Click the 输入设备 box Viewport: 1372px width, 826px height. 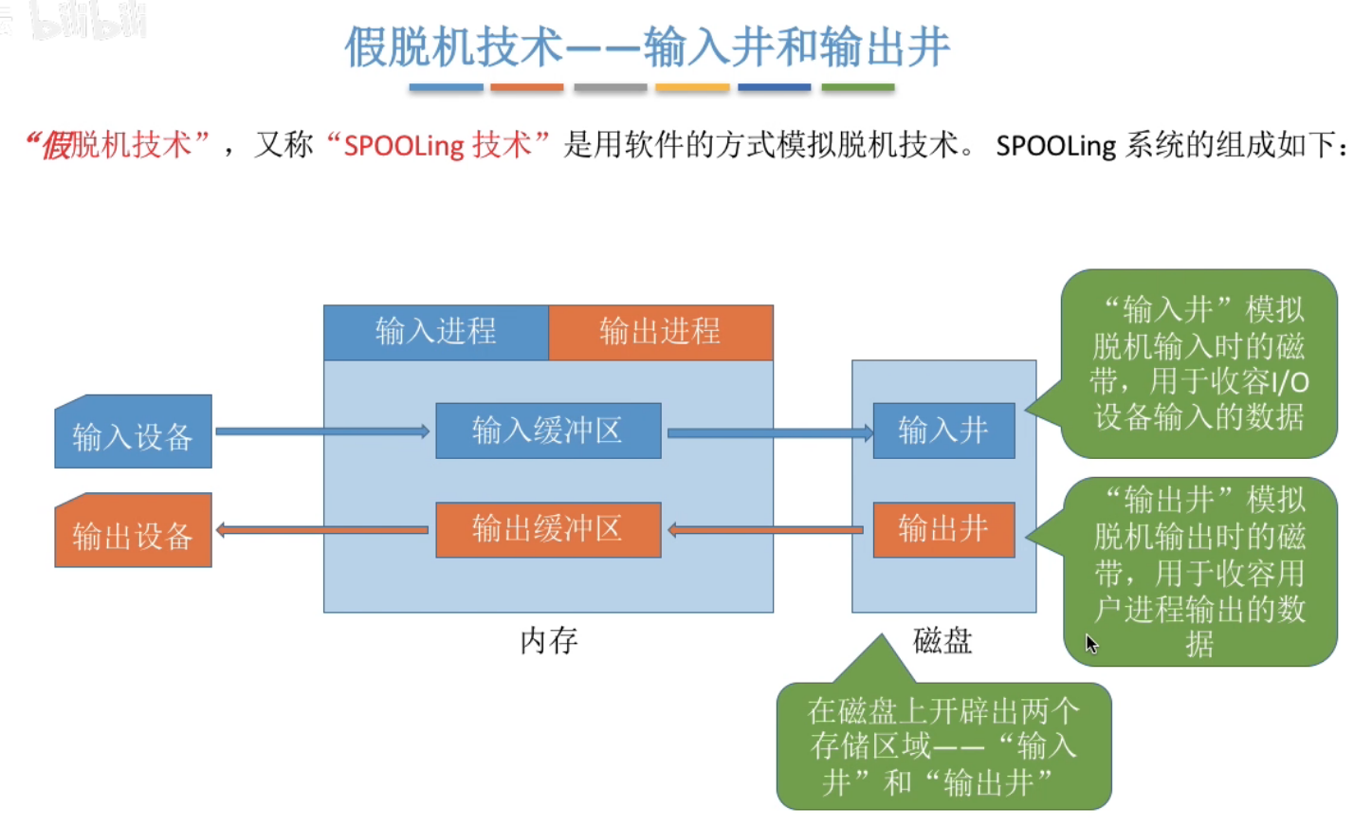pyautogui.click(x=133, y=433)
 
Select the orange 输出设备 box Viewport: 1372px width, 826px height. pyautogui.click(x=133, y=532)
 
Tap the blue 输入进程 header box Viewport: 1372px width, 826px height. pyautogui.click(x=435, y=332)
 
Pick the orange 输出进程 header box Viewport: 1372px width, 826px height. pyautogui.click(x=660, y=332)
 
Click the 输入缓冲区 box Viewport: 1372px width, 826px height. pyautogui.click(x=547, y=431)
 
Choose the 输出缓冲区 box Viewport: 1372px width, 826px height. pyautogui.click(x=547, y=529)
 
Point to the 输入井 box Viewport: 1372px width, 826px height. pyautogui.click(x=943, y=431)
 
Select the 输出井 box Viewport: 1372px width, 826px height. pyautogui.click(x=943, y=529)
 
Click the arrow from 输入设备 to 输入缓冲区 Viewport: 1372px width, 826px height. pyautogui.click(x=322, y=431)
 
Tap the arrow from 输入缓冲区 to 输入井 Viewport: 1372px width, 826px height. pyautogui.click(x=768, y=433)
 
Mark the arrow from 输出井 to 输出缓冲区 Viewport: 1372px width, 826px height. pyautogui.click(x=768, y=529)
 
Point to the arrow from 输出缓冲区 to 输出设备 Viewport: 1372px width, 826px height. pyautogui.click(x=322, y=530)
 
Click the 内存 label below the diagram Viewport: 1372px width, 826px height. pyautogui.click(x=548, y=641)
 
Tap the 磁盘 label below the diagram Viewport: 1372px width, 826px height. pyautogui.click(x=942, y=641)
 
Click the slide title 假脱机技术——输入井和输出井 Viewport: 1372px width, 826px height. pyautogui.click(x=647, y=46)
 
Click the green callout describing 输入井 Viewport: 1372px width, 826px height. pyautogui.click(x=1198, y=364)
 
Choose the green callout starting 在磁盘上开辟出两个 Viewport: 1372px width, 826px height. pyautogui.click(x=943, y=746)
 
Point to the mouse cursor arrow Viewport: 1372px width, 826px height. pyautogui.click(x=1090, y=643)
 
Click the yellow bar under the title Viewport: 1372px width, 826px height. pyautogui.click(x=692, y=87)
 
